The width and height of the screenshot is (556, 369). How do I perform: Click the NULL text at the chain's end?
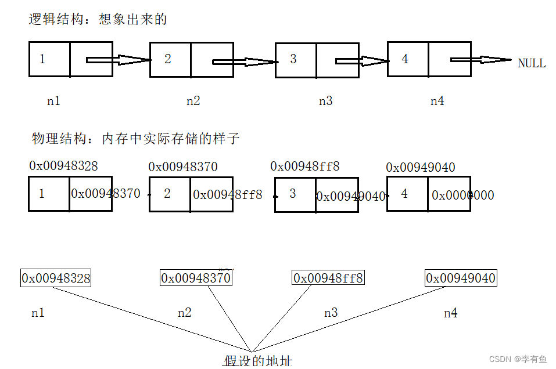[532, 63]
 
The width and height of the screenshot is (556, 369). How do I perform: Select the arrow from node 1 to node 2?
[118, 60]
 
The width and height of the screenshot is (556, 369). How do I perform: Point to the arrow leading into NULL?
[480, 60]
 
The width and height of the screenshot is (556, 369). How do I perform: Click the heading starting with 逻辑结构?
[98, 19]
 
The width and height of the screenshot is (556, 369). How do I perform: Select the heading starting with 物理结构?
[135, 139]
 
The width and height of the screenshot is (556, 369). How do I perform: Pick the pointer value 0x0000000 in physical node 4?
[463, 195]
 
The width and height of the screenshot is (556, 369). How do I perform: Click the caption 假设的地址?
[257, 361]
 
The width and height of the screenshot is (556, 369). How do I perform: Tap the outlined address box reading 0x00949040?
[461, 278]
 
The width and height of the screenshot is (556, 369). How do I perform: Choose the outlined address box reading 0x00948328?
[56, 278]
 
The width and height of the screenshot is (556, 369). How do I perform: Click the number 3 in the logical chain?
[293, 59]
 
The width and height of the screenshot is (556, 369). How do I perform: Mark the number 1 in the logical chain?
[42, 59]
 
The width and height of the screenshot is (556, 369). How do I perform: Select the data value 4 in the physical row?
[404, 193]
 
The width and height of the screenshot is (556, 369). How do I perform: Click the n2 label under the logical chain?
[193, 100]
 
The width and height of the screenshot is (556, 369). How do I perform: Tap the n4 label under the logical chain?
[437, 100]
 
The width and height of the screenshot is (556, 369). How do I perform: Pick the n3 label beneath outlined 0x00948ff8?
[331, 313]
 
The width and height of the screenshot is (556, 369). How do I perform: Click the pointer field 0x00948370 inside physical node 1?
[106, 193]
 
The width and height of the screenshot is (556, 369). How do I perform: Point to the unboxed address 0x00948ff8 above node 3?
[304, 167]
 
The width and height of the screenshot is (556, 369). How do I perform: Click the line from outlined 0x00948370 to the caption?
[228, 319]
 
